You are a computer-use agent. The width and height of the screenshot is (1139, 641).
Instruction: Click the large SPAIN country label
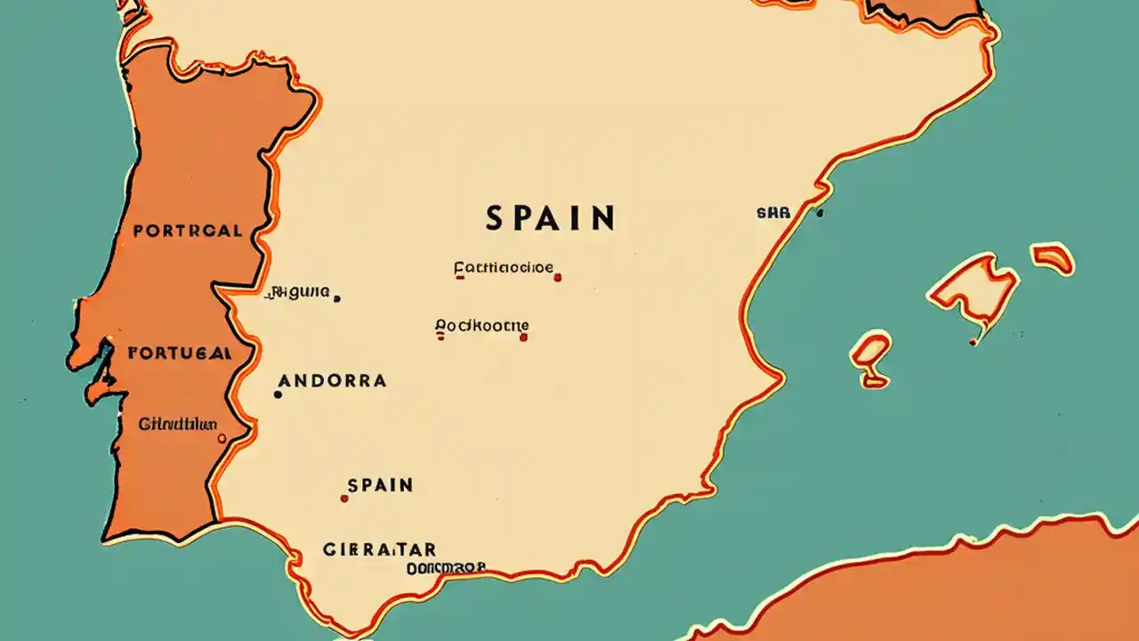[550, 218]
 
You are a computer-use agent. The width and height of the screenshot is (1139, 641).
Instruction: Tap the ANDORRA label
[332, 381]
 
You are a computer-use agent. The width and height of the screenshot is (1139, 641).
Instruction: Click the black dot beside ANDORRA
[278, 394]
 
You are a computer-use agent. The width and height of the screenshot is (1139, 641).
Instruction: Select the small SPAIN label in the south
[380, 485]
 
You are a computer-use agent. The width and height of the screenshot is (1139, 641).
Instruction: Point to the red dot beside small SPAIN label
[344, 499]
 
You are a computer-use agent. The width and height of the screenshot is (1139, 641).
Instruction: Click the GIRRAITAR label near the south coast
[379, 549]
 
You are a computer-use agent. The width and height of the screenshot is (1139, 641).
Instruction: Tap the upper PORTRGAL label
[187, 231]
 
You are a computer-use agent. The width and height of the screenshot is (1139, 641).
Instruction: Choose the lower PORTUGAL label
[181, 353]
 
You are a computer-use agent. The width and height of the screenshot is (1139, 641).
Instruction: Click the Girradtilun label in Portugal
[177, 424]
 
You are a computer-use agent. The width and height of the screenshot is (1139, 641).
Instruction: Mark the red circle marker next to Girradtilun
[222, 438]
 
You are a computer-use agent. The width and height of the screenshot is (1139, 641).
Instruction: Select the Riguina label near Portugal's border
[299, 291]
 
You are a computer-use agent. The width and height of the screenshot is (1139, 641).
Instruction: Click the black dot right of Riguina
[336, 298]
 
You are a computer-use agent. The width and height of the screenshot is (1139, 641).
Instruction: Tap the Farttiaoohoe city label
[503, 267]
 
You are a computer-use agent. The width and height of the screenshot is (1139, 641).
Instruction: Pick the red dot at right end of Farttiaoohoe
[557, 278]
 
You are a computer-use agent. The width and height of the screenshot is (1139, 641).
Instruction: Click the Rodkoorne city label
[481, 326]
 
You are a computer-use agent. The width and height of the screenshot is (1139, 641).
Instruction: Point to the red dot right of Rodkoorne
[523, 337]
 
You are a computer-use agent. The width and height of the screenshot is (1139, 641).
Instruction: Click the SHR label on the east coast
[772, 214]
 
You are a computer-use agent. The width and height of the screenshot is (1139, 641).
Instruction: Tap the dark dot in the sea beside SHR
[820, 214]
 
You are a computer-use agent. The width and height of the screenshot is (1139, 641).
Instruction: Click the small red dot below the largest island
[973, 342]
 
